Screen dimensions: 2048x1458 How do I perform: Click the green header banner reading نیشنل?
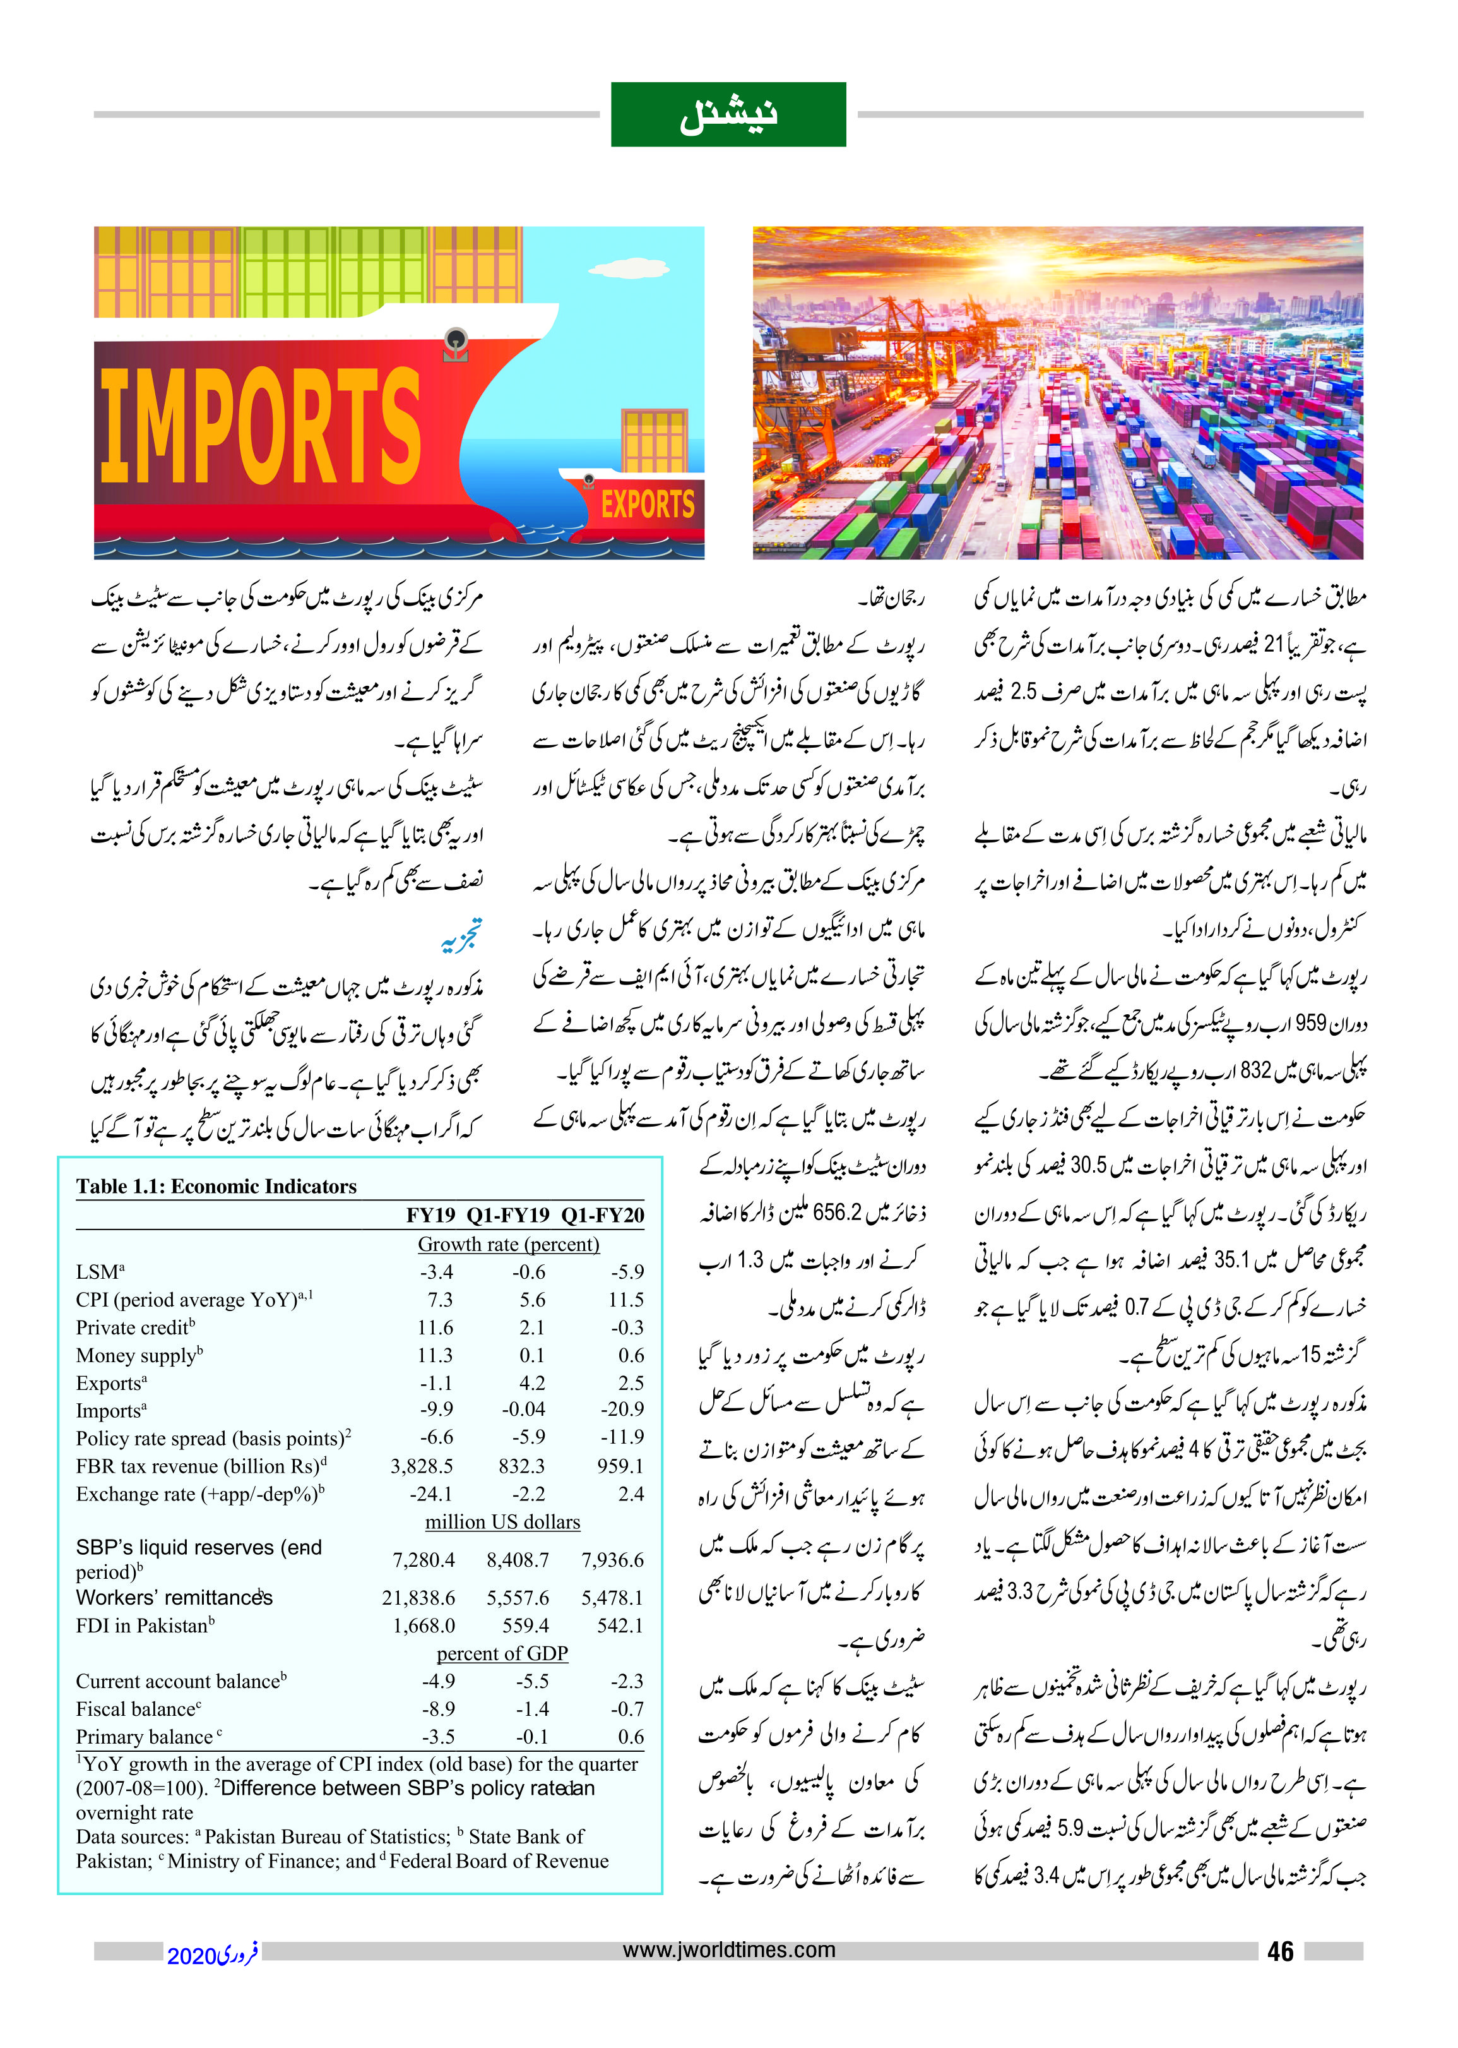coord(728,114)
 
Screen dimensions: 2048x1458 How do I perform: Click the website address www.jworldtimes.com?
coord(728,1950)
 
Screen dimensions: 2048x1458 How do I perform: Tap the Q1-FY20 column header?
coord(602,1215)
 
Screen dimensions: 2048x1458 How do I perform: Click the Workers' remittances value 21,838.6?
coord(418,1598)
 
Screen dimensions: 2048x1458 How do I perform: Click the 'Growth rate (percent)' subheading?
coord(508,1244)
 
